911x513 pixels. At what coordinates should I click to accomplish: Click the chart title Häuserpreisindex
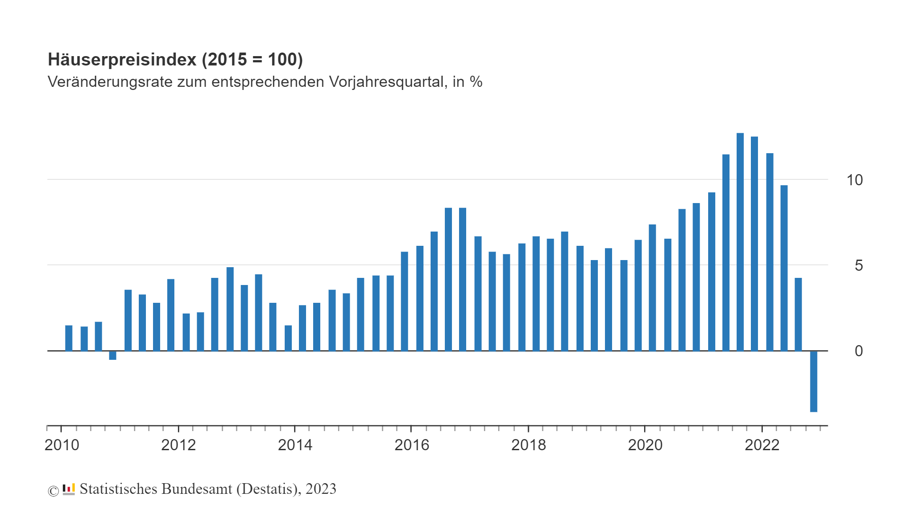(x=122, y=60)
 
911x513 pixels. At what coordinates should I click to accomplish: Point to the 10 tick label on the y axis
(x=854, y=180)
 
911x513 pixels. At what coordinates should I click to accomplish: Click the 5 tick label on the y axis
(x=859, y=265)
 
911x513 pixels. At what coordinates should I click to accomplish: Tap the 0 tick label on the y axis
(x=859, y=351)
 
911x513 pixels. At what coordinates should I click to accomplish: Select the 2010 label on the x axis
(x=62, y=445)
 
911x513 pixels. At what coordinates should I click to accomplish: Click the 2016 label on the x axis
(x=412, y=445)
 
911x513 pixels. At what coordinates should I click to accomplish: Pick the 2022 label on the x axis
(x=762, y=445)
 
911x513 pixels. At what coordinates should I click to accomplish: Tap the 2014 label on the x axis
(x=295, y=445)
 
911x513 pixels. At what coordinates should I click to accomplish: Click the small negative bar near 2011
(x=113, y=355)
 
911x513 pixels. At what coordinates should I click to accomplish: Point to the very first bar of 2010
(x=69, y=338)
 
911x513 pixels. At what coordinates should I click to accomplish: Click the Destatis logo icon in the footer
(x=69, y=489)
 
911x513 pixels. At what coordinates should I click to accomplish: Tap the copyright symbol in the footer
(x=53, y=491)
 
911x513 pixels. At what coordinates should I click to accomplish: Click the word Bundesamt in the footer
(x=196, y=489)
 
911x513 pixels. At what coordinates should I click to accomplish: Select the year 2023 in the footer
(x=321, y=489)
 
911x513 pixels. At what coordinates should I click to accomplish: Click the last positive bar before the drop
(x=798, y=314)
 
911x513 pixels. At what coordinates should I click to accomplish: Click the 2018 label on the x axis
(x=528, y=445)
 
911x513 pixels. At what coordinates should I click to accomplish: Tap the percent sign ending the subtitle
(x=476, y=82)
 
